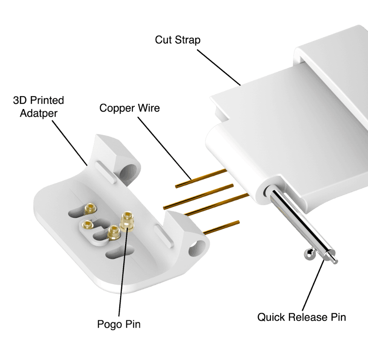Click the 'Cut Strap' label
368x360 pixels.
178,40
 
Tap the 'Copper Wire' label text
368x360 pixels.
130,108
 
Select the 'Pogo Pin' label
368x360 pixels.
119,324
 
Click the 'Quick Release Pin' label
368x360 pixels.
302,317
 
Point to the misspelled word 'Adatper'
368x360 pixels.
39,113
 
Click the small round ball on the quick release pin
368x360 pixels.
308,254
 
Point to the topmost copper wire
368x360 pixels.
201,179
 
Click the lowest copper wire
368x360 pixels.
221,228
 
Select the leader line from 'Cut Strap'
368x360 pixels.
219,67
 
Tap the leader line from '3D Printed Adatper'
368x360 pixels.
70,143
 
